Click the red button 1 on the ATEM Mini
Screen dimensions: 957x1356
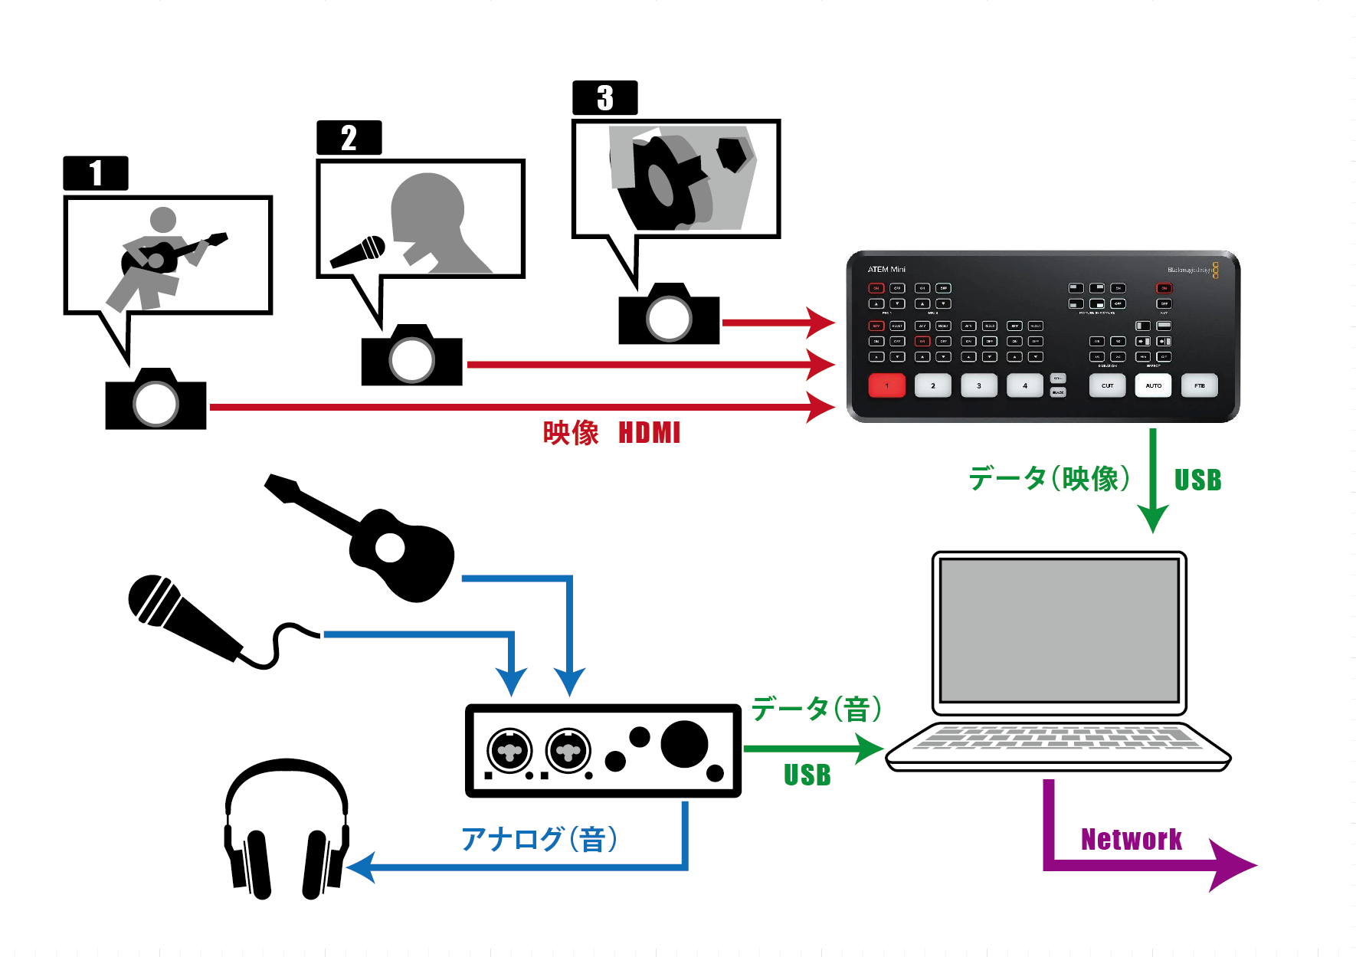[x=886, y=385]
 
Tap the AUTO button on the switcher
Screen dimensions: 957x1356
[x=1153, y=385]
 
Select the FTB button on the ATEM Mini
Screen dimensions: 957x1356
[x=1199, y=385]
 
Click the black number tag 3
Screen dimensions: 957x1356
[x=604, y=98]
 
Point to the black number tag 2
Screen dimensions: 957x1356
[x=349, y=138]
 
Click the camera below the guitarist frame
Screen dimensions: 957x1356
[x=156, y=400]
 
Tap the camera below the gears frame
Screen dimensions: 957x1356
[x=669, y=315]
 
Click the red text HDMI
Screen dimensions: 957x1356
[x=649, y=433]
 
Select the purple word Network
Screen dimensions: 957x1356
[x=1131, y=840]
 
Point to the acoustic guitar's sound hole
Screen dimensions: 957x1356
[x=390, y=548]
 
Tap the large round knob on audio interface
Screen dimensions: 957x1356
[x=683, y=743]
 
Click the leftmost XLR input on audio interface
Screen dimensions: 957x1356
[x=509, y=750]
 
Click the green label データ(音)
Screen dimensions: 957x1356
[x=817, y=709]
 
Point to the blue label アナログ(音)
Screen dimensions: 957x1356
[x=539, y=840]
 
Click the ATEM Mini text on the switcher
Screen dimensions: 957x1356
[x=886, y=270]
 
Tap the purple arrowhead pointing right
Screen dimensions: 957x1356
[x=1233, y=865]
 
